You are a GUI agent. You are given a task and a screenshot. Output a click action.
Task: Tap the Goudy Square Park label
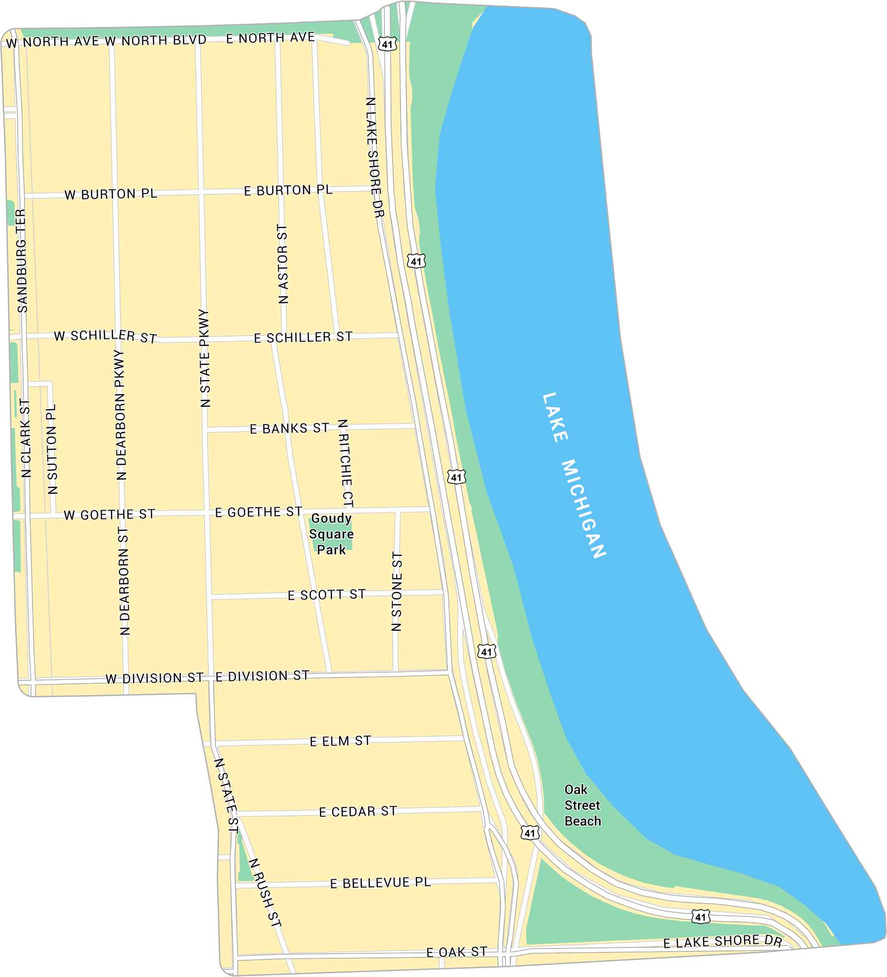(331, 534)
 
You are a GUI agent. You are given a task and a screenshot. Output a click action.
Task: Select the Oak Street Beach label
(582, 805)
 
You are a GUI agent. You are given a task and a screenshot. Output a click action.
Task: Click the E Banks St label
(289, 428)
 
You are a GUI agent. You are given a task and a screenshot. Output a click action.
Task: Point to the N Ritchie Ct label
(346, 463)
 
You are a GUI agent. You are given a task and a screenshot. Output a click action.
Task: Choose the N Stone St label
(397, 592)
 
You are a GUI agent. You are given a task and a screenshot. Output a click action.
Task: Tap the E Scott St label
(326, 595)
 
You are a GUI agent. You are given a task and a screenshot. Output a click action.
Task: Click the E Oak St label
(457, 951)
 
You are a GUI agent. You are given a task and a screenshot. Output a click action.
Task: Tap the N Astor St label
(282, 264)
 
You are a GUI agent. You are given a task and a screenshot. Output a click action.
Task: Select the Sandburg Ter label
(22, 261)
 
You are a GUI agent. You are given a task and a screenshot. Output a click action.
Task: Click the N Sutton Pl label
(52, 449)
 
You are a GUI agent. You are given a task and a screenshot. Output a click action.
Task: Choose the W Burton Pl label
(110, 194)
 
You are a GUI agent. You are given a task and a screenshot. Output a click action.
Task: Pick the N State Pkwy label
(205, 358)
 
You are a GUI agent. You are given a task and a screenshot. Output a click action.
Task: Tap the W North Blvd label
(155, 40)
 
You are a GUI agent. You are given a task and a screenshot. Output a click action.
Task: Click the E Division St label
(262, 676)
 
